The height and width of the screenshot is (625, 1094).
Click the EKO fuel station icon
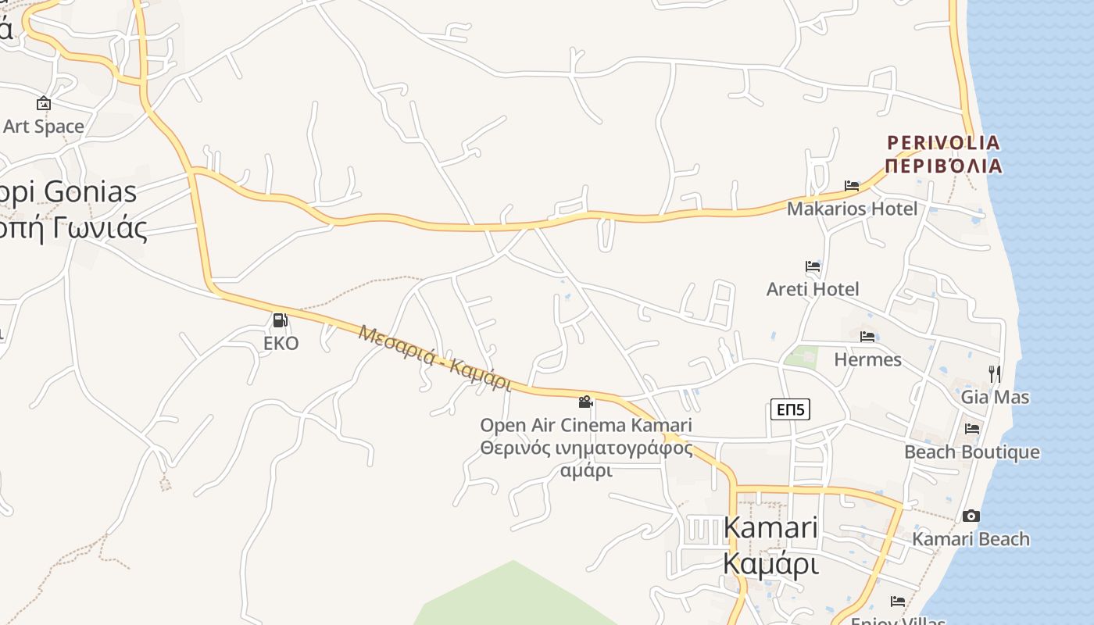[x=280, y=320]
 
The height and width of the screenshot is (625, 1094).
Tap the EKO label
[x=281, y=343]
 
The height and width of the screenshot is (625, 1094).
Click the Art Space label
[x=44, y=126]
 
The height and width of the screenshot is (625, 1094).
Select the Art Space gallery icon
[x=44, y=103]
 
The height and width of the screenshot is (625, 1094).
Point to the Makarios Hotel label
[x=852, y=209]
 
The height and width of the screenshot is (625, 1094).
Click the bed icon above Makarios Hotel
[x=852, y=186]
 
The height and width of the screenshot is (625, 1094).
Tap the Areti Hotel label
[x=813, y=289]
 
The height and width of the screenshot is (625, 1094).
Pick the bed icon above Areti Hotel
[x=813, y=266]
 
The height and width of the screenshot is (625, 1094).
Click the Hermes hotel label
[x=867, y=359]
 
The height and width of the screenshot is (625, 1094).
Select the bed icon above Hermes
[x=867, y=337]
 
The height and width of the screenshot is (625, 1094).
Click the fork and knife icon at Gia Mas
[x=994, y=373]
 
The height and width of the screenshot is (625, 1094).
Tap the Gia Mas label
[x=995, y=397]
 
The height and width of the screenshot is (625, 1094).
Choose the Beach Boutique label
[x=972, y=452]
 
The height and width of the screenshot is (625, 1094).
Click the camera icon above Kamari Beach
[x=971, y=516]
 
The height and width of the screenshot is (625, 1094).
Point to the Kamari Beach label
[x=971, y=539]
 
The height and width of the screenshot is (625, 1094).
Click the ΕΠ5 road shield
[x=790, y=409]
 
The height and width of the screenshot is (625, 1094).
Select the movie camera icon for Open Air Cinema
[x=585, y=402]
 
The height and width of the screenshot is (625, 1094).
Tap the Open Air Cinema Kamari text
[x=585, y=426]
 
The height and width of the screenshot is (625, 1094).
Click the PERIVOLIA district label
[x=943, y=143]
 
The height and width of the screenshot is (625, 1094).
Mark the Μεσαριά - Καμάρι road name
[x=434, y=358]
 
